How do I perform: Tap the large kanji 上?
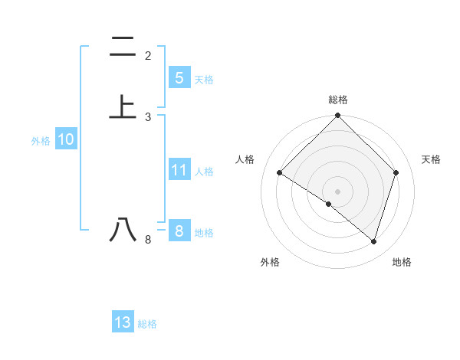(123, 106)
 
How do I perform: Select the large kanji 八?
(123, 229)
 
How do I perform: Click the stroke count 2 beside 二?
(148, 56)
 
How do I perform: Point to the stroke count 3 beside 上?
(148, 116)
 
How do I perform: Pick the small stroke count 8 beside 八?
(148, 240)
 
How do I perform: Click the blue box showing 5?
(179, 78)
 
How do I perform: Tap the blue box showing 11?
(179, 170)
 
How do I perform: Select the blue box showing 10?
(66, 139)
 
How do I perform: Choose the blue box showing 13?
(123, 322)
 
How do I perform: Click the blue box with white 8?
(179, 231)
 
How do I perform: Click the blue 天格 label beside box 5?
(204, 80)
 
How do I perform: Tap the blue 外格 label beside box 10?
(41, 141)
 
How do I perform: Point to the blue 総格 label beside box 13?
(147, 324)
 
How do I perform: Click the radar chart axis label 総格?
(337, 100)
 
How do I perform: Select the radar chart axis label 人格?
(245, 159)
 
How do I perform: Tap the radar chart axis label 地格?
(402, 262)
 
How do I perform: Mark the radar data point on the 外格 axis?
(329, 204)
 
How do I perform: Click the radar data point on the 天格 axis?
(396, 173)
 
